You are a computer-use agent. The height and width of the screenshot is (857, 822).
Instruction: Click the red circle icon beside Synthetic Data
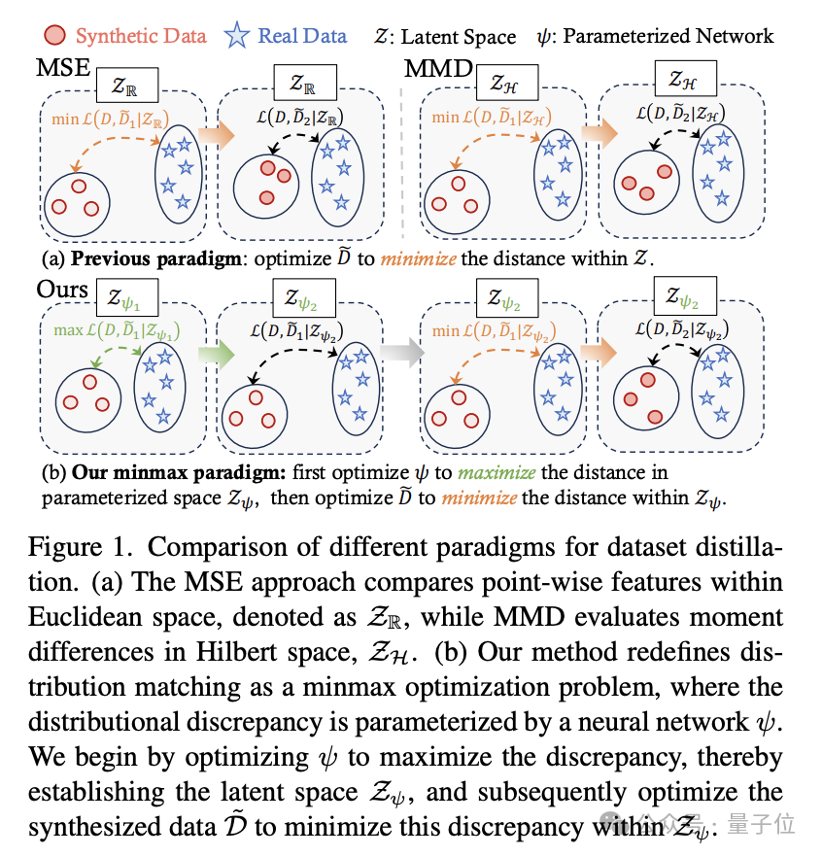(56, 37)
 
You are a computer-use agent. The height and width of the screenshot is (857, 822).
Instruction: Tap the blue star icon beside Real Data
(236, 37)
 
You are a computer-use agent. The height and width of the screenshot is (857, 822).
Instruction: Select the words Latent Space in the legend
(457, 38)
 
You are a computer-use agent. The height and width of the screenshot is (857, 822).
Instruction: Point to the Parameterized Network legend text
(668, 37)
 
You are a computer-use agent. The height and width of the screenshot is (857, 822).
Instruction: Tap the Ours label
(62, 290)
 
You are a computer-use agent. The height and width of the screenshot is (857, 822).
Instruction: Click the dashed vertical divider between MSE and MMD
(403, 146)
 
